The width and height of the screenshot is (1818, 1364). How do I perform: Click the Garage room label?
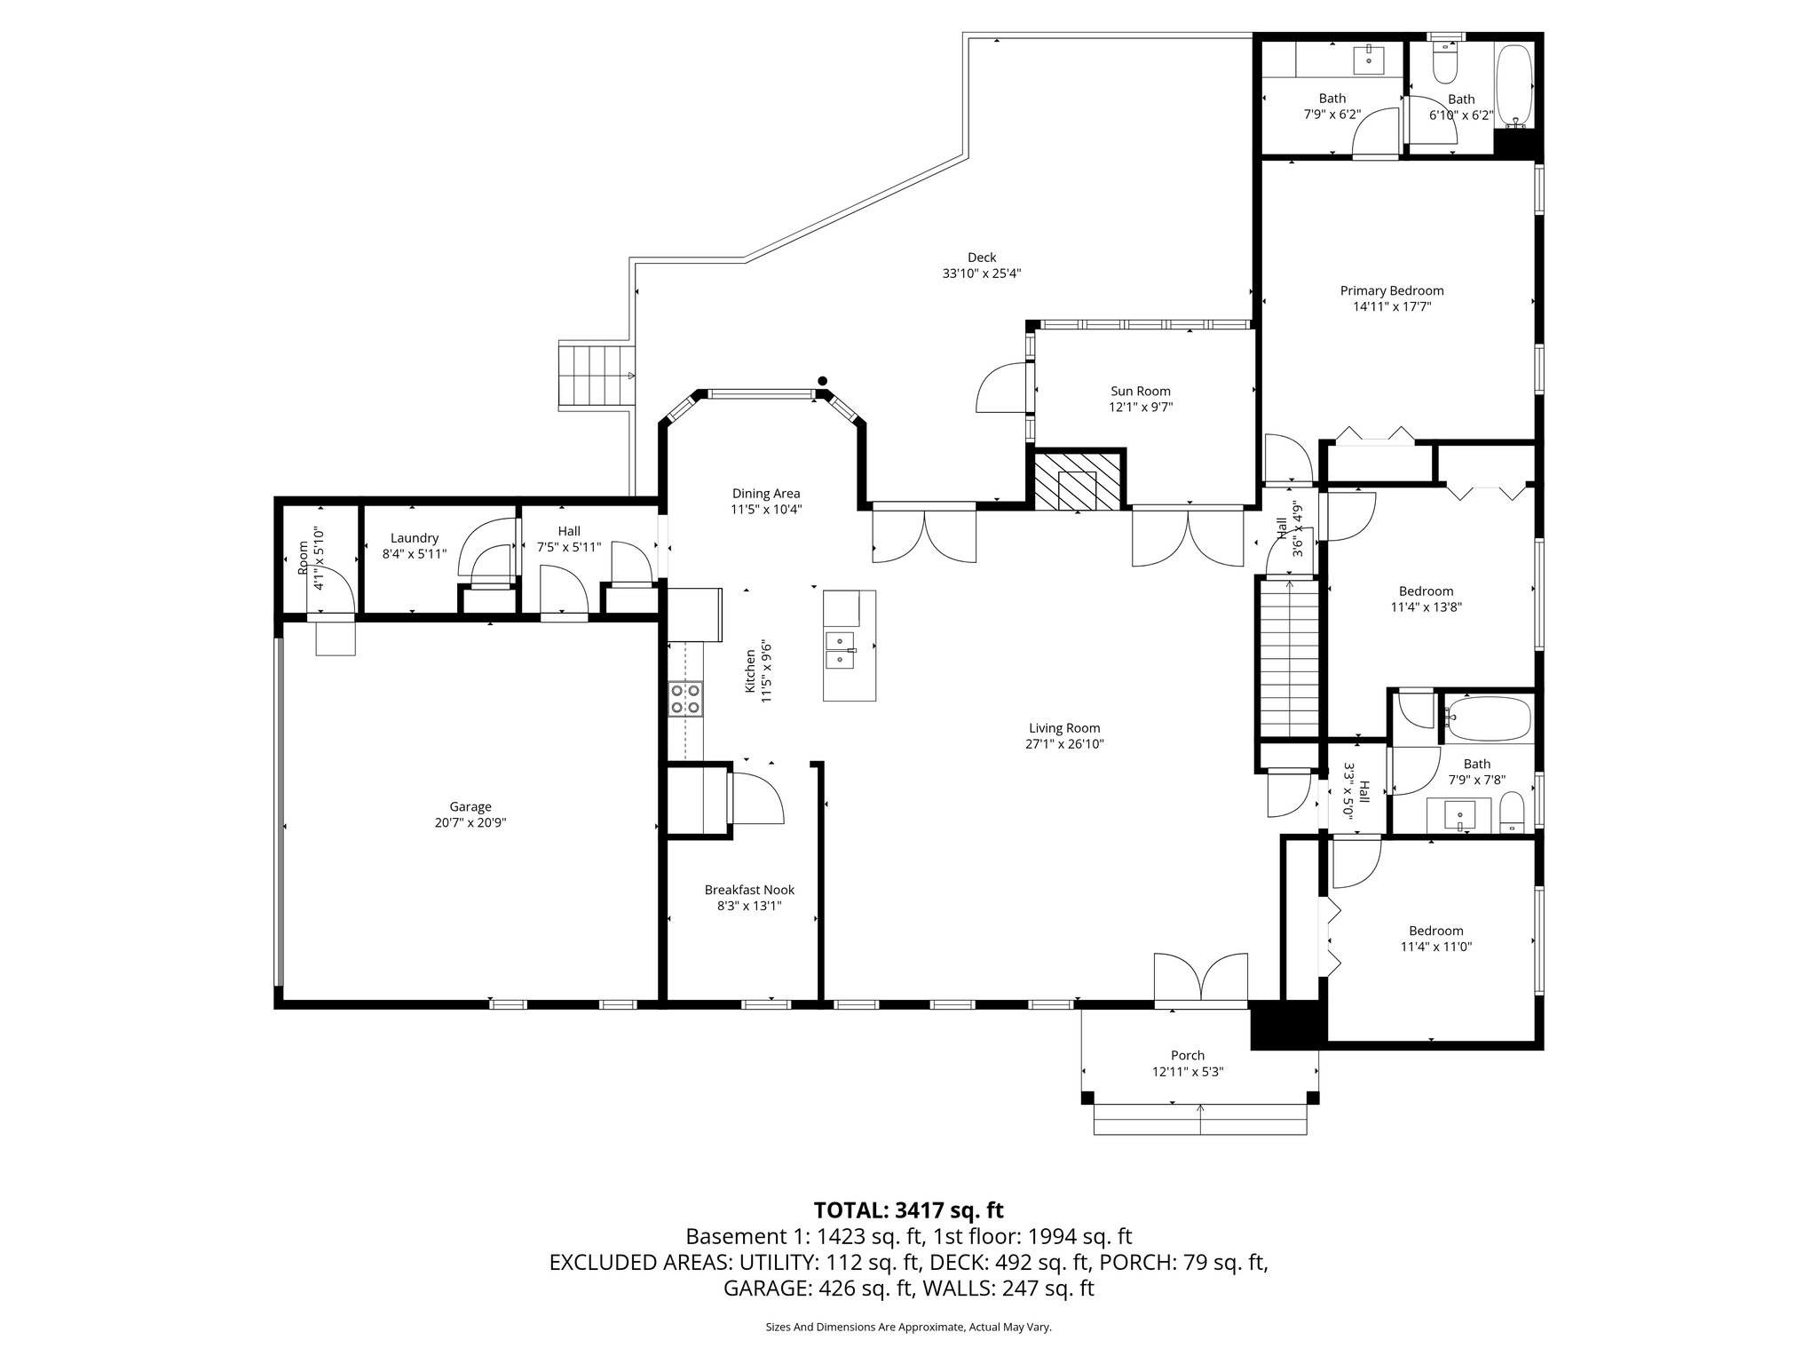470,806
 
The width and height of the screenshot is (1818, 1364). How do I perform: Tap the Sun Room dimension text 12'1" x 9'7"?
1140,408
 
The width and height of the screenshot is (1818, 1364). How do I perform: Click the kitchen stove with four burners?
685,698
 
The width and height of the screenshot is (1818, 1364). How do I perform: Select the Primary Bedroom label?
1391,290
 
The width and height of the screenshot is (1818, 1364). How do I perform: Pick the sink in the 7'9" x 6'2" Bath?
1368,60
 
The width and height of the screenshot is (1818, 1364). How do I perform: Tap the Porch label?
1187,1055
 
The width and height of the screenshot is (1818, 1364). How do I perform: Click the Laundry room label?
415,537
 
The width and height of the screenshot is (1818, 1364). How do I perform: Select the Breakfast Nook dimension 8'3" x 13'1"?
749,907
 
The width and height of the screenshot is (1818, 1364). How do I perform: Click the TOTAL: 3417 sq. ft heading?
908,1209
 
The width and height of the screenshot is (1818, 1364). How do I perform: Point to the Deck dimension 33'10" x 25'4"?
981,274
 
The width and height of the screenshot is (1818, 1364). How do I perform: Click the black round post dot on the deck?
822,381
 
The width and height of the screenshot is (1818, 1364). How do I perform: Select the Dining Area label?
765,493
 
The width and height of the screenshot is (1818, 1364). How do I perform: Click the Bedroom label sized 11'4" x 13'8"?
1426,591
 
